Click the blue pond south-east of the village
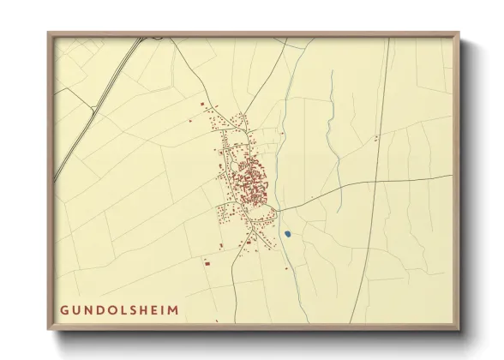288,233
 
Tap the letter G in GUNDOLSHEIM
64,309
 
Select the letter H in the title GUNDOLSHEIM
138,309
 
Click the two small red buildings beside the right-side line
375,137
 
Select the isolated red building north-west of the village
203,105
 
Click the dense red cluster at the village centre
248,180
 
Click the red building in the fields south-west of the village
207,263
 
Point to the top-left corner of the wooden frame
50,35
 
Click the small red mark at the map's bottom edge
217,322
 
